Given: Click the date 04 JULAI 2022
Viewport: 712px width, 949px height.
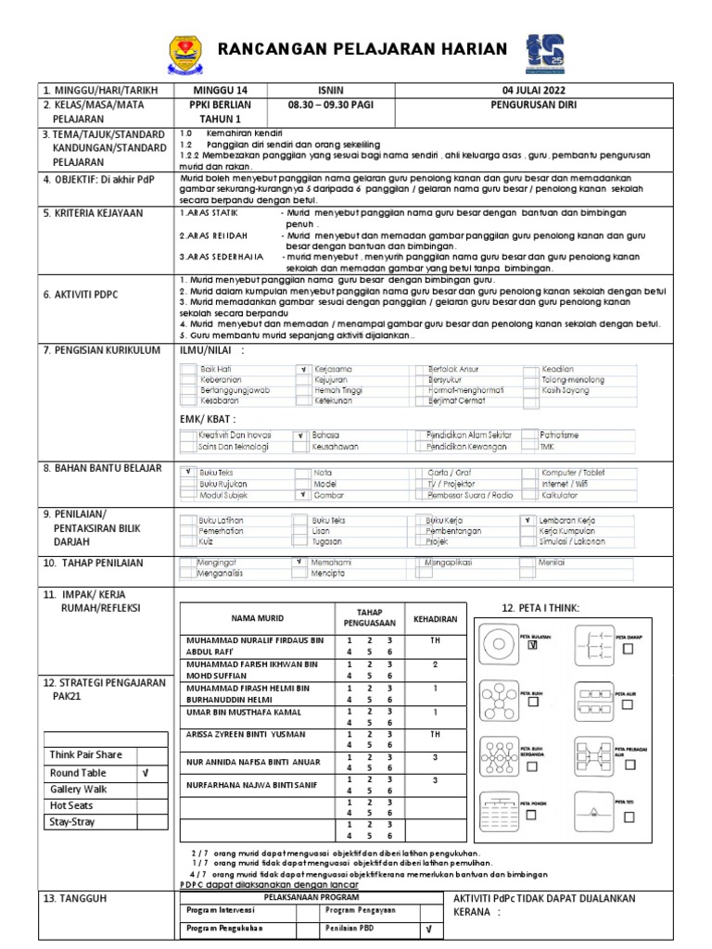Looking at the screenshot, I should (559, 90).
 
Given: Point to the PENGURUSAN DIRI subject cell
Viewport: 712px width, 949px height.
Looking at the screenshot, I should (559, 106).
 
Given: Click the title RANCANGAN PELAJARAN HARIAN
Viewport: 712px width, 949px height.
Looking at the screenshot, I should (362, 49).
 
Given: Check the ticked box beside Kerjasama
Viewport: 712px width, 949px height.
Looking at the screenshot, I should (302, 369).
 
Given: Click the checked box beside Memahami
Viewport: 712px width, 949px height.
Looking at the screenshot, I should (299, 562).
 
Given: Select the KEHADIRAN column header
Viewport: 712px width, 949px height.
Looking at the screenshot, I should (434, 618).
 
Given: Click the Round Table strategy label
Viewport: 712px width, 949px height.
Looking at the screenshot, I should (79, 772).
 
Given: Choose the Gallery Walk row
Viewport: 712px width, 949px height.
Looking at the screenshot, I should (79, 789).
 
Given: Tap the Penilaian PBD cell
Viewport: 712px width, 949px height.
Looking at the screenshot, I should (355, 927).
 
